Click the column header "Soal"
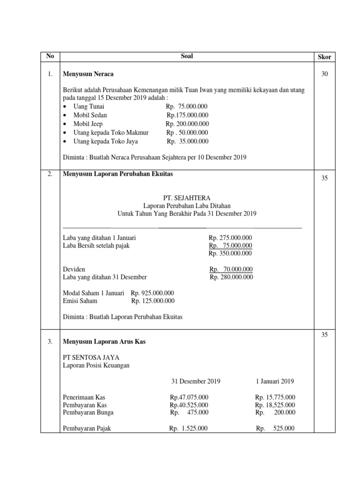tap(187, 56)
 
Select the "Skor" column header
tap(324, 57)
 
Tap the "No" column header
tap(50, 56)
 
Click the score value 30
tap(324, 74)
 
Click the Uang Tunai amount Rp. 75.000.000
tap(187, 106)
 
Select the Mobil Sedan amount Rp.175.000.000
tap(187, 115)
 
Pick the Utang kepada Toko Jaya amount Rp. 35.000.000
tap(187, 141)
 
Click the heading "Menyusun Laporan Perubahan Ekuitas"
tap(118, 174)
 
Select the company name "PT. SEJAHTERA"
tap(187, 198)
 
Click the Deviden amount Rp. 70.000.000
tap(231, 269)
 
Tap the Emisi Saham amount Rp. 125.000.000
tap(153, 301)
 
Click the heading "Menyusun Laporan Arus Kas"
tap(104, 342)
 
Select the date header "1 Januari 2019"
tap(275, 381)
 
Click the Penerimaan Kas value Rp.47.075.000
tap(189, 397)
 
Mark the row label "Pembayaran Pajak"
tap(87, 428)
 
